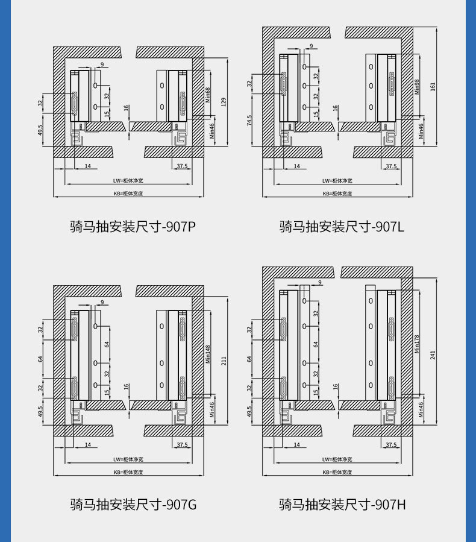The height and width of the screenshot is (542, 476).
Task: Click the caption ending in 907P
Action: pyautogui.click(x=133, y=227)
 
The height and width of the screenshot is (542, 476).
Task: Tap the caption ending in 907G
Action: pyautogui.click(x=133, y=504)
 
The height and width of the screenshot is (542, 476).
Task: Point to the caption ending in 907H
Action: pyautogui.click(x=342, y=504)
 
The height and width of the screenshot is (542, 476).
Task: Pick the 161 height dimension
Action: pyautogui.click(x=432, y=86)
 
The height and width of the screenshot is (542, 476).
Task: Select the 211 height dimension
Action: pyautogui.click(x=223, y=361)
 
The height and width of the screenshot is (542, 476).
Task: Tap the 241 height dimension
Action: pyautogui.click(x=432, y=355)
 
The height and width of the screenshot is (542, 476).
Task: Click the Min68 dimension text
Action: pyautogui.click(x=208, y=95)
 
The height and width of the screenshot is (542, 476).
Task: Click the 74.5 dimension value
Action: pyautogui.click(x=249, y=120)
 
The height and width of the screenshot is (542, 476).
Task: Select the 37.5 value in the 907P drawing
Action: pyautogui.click(x=182, y=165)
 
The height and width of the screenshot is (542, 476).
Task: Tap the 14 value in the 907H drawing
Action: pyautogui.click(x=296, y=444)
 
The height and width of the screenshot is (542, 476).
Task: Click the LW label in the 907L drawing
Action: pyautogui.click(x=337, y=180)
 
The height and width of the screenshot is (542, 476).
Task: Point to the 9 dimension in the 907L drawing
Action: pyautogui.click(x=312, y=46)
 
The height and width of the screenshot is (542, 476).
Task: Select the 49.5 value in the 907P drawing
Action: pyautogui.click(x=40, y=130)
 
